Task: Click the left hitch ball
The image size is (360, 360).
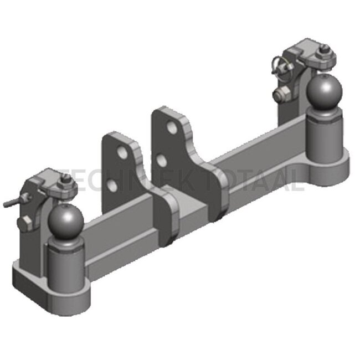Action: [x=65, y=222]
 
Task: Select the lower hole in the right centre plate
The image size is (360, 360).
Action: [x=161, y=162]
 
